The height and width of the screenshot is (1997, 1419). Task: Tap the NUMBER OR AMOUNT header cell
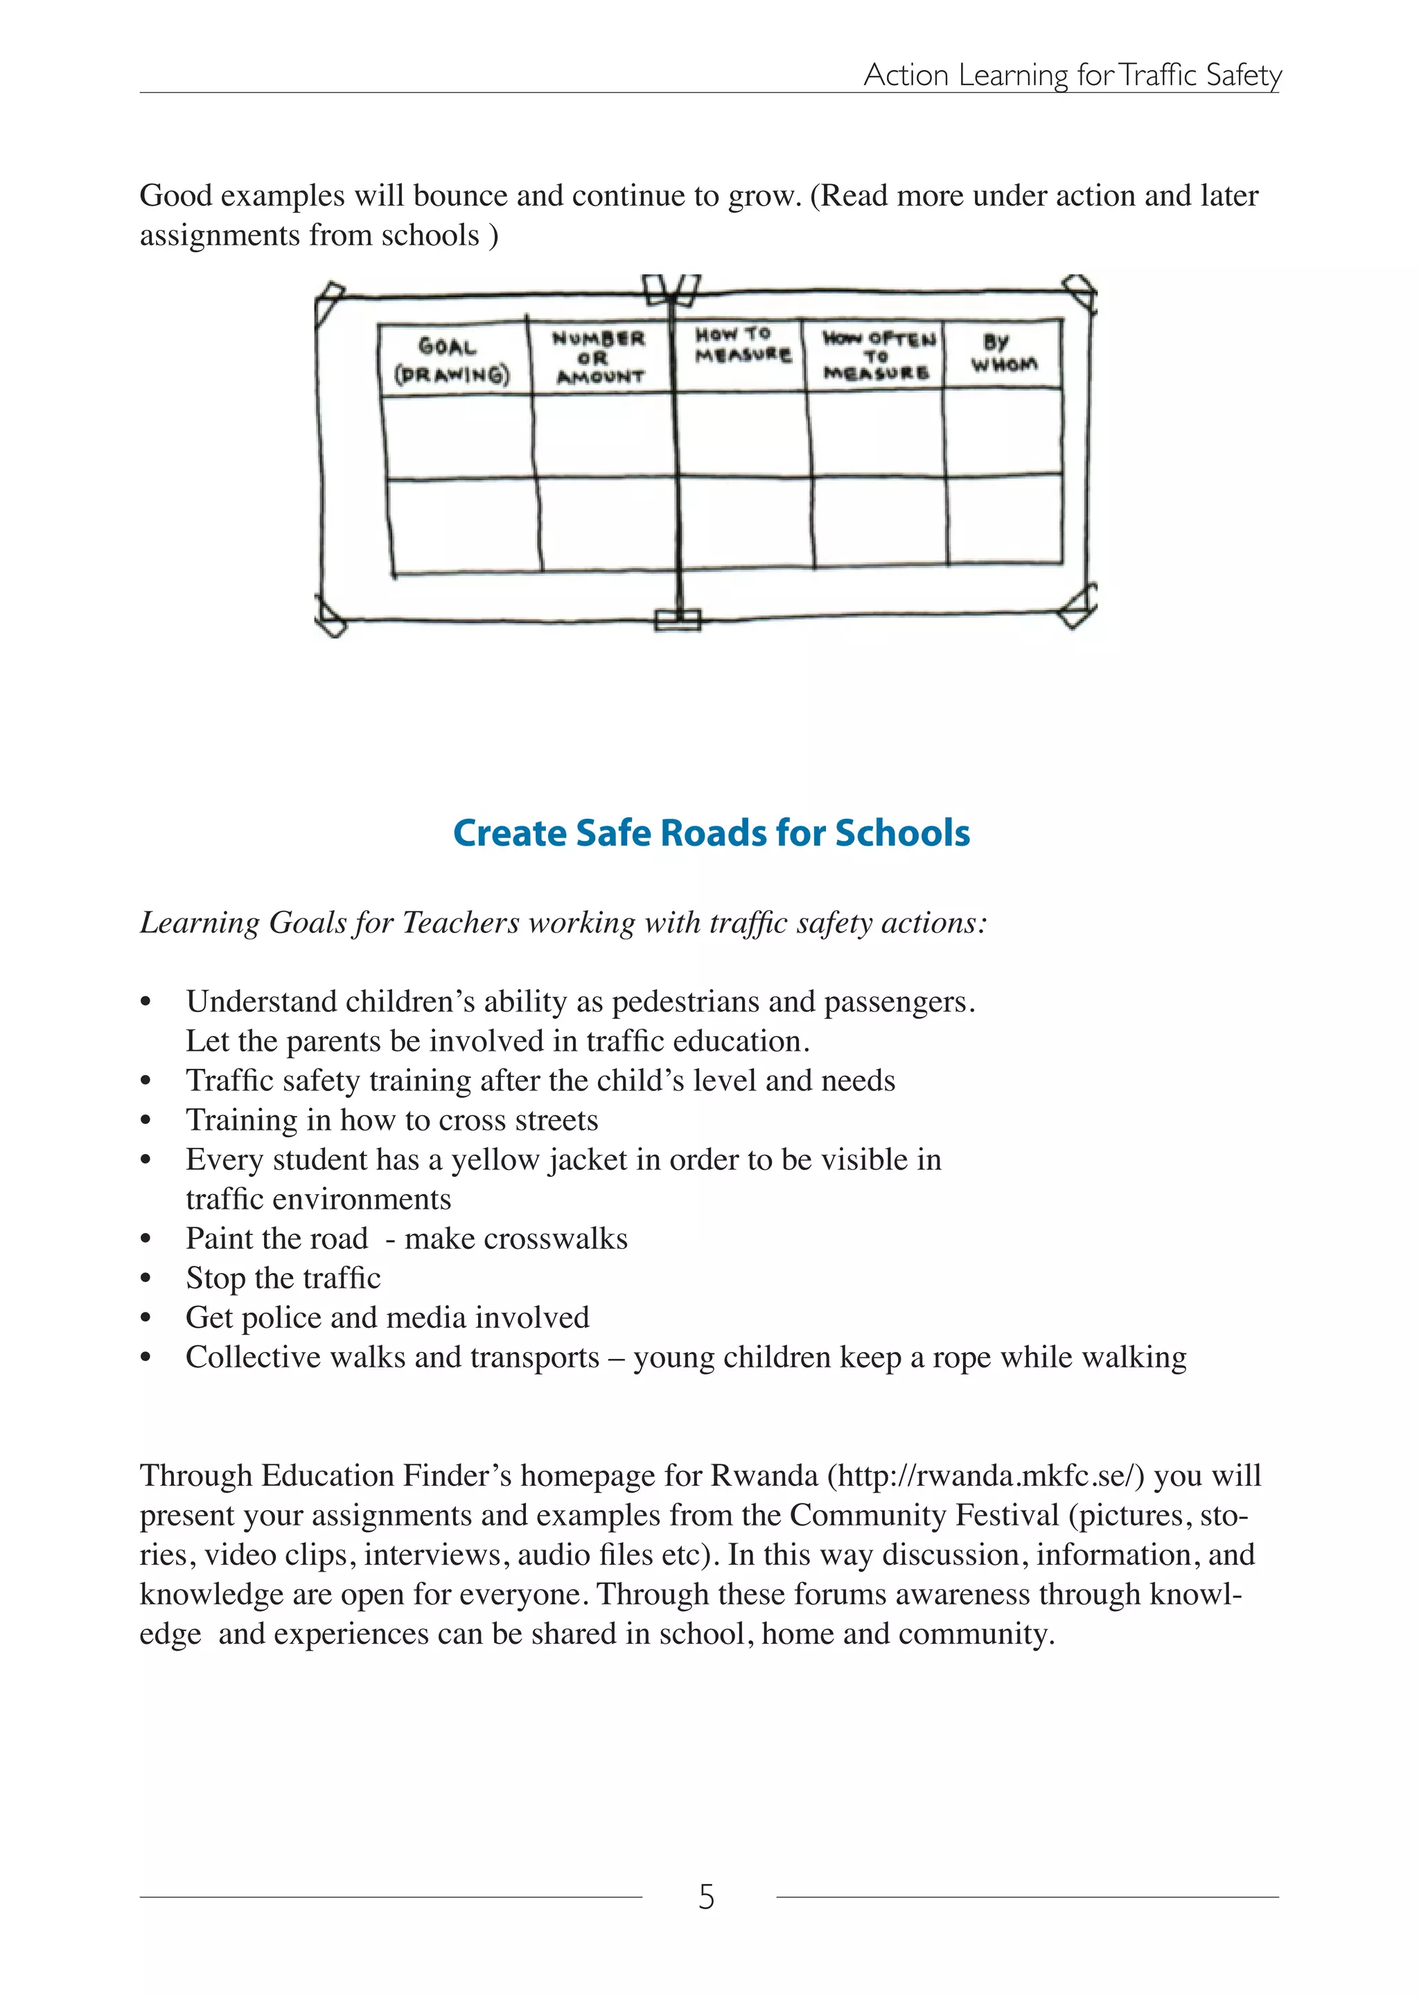(599, 357)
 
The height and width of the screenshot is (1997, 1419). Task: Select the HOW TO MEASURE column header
(742, 345)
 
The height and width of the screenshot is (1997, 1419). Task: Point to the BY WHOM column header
(1004, 353)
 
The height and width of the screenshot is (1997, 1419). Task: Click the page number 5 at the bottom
(706, 1897)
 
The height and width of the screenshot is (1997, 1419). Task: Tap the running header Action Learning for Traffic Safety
(1072, 75)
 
